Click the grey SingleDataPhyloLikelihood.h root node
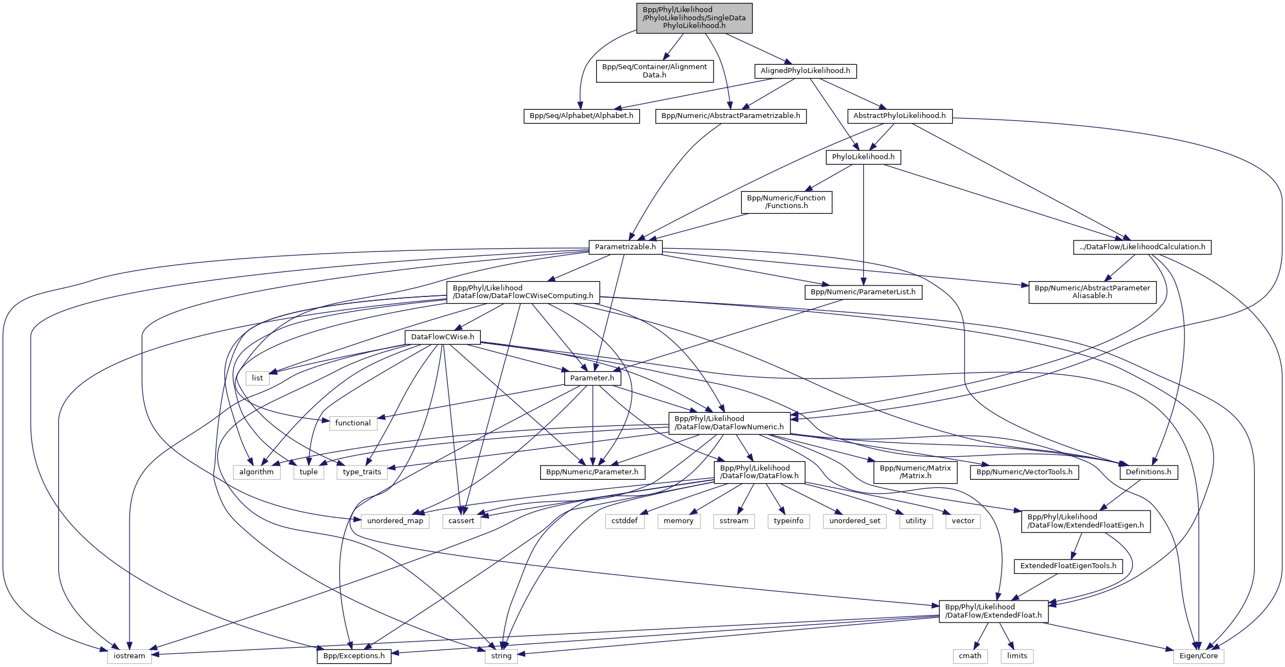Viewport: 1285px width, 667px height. click(x=694, y=18)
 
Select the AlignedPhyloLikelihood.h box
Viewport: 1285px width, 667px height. click(x=805, y=71)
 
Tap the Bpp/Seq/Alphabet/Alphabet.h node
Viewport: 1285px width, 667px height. click(x=581, y=116)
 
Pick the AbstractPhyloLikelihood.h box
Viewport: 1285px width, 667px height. click(x=899, y=116)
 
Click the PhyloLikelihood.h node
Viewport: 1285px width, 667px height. click(x=863, y=157)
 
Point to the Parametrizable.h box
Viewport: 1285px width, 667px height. click(x=625, y=247)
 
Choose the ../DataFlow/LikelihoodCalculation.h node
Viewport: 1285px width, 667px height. click(x=1142, y=247)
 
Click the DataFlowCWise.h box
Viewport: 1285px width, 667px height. click(x=442, y=337)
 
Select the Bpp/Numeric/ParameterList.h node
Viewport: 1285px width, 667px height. click(x=863, y=292)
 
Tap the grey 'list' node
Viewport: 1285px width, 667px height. click(x=257, y=378)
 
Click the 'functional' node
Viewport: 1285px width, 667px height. click(x=353, y=423)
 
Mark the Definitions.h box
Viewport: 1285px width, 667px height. click(x=1148, y=472)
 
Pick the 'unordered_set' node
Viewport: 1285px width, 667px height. click(x=854, y=521)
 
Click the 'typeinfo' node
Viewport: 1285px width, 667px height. click(x=788, y=521)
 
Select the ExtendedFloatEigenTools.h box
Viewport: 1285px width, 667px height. click(x=1068, y=566)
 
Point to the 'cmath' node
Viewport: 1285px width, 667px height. click(x=970, y=656)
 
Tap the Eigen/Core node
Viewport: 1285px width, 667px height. click(x=1198, y=656)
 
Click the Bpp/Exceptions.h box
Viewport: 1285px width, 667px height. click(x=354, y=656)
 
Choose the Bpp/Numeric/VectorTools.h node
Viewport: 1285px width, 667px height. click(x=1024, y=472)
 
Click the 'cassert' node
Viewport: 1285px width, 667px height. click(x=461, y=521)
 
